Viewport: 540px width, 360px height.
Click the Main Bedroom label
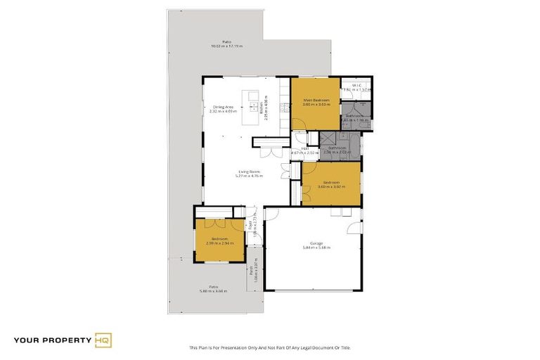click(316, 101)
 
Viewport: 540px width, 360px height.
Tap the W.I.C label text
click(356, 85)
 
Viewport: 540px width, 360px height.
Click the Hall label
click(305, 148)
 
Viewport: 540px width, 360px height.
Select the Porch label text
click(250, 270)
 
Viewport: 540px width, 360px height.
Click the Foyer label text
click(250, 226)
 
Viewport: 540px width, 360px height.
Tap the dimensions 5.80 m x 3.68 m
click(213, 291)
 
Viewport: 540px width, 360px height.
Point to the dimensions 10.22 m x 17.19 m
click(226, 46)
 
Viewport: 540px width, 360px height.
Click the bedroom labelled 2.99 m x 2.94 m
click(219, 240)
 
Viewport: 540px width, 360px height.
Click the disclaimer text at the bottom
click(269, 347)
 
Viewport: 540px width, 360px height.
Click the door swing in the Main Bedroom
click(300, 138)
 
